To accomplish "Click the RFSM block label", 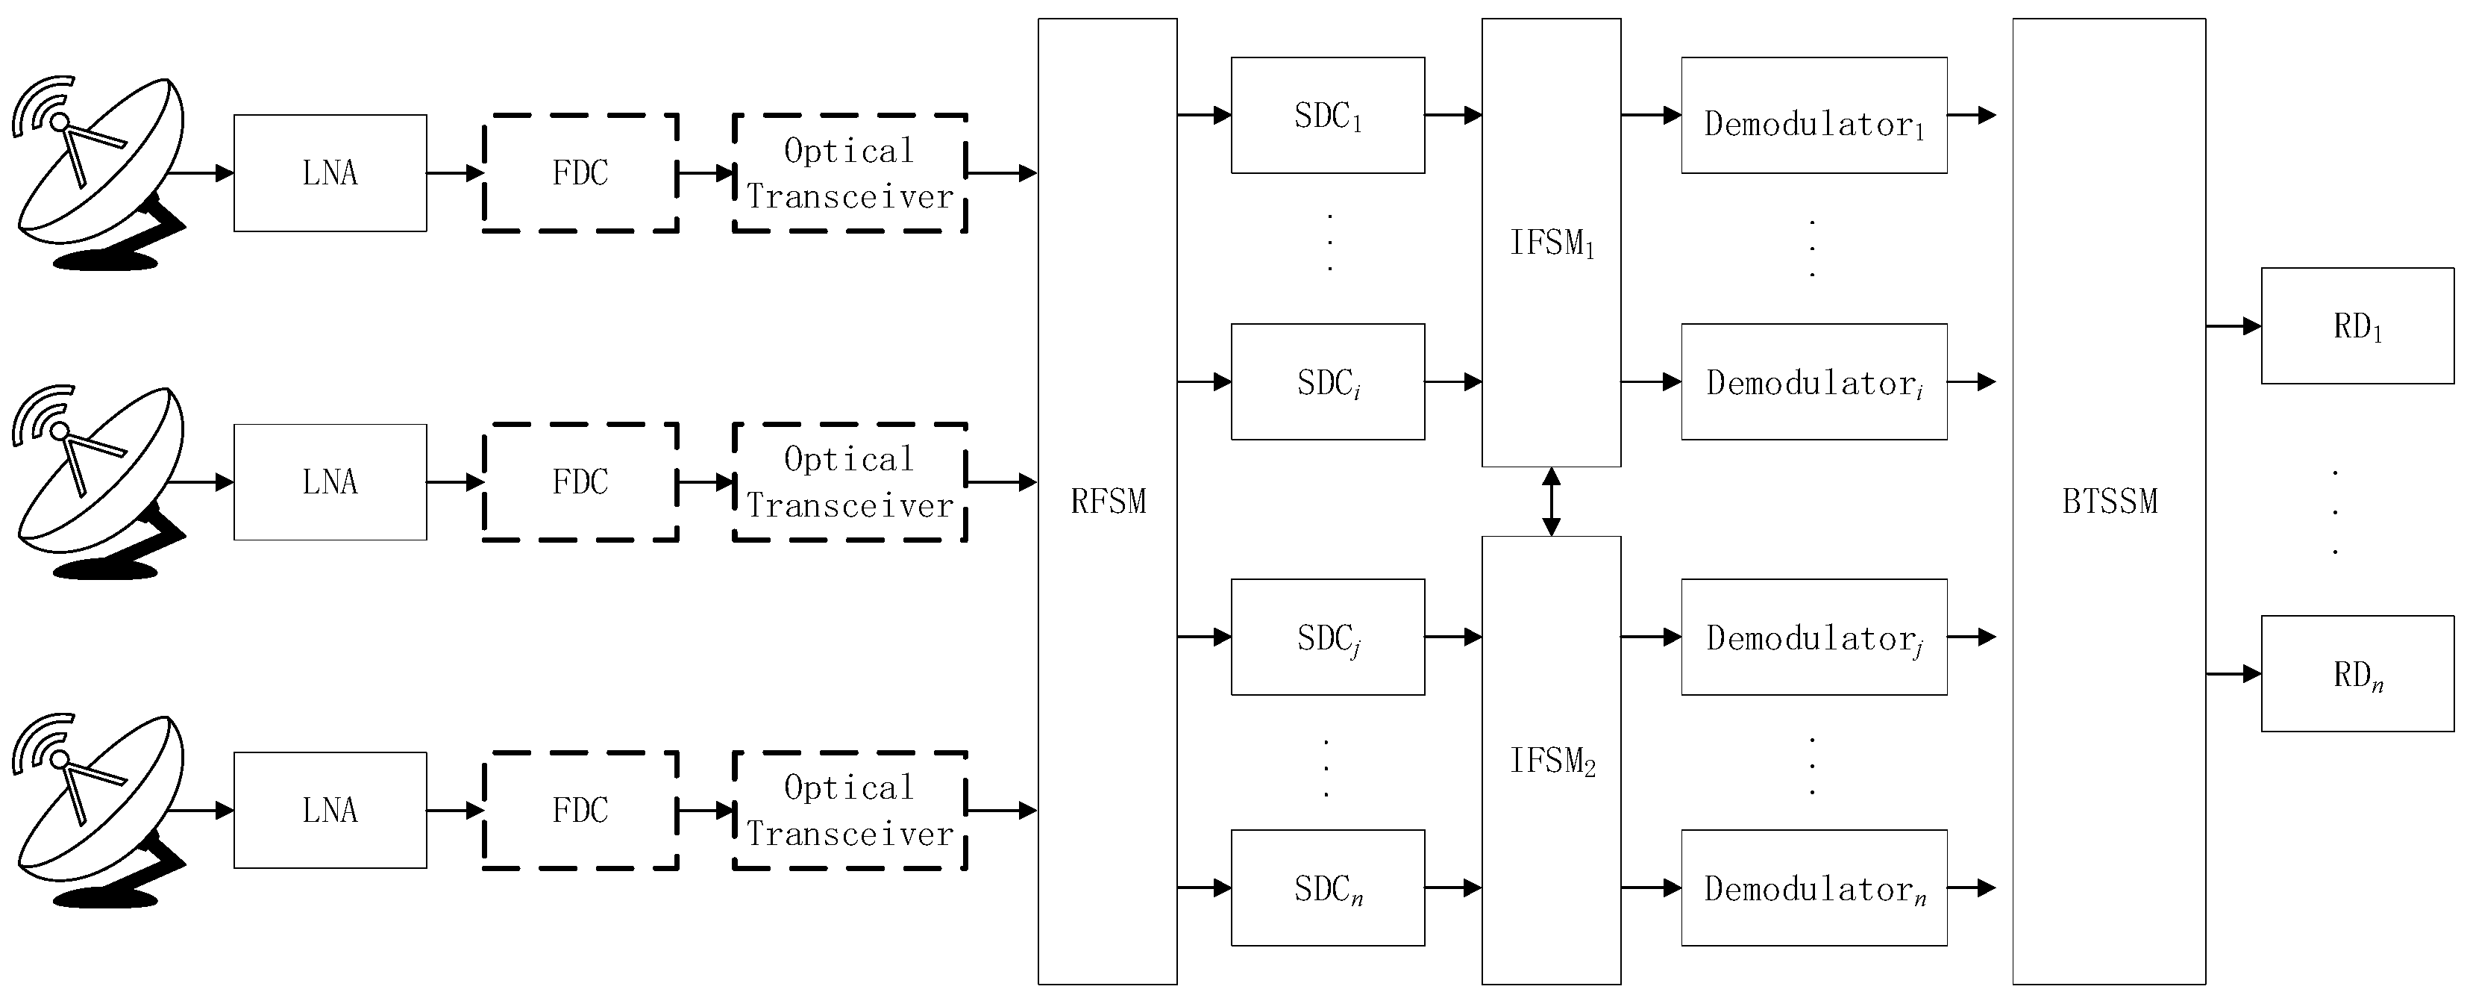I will point(1108,501).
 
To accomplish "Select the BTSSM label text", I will point(2109,501).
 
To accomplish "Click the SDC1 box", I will point(1327,115).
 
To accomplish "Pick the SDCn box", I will point(1327,888).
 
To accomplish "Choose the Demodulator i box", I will point(1814,382).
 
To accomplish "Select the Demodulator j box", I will point(1814,637).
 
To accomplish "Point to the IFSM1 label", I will point(1552,243).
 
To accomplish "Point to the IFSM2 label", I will point(1552,761).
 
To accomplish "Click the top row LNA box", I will point(330,173).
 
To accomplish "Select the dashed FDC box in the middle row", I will point(580,481).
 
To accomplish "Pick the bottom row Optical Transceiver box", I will point(850,811).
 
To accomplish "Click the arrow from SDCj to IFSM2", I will point(1452,637).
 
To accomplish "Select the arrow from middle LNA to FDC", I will point(455,481).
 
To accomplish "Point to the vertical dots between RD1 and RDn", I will point(2335,511).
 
